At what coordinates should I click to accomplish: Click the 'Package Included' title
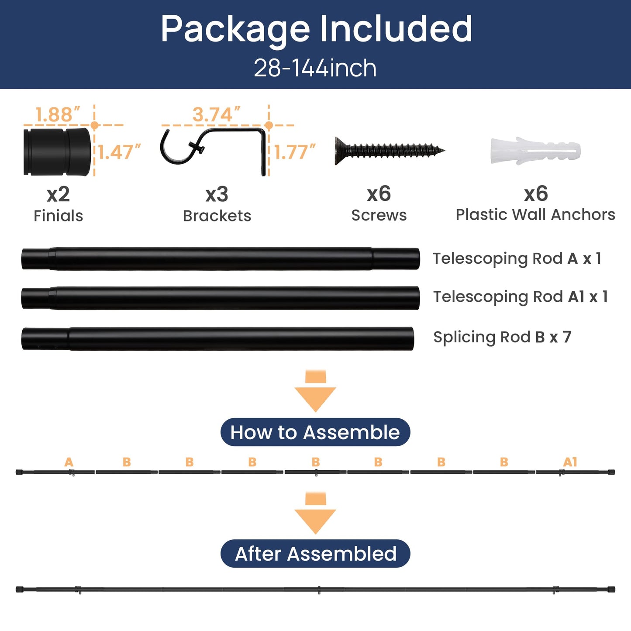(316, 29)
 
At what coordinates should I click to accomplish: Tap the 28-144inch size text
(315, 68)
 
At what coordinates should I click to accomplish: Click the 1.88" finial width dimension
(57, 114)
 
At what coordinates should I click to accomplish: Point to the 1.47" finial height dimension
(119, 152)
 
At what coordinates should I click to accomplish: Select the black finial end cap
(57, 152)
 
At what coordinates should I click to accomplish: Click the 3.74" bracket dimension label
(216, 114)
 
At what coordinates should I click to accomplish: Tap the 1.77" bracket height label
(294, 152)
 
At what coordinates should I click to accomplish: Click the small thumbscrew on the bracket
(196, 146)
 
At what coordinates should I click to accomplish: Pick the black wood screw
(390, 151)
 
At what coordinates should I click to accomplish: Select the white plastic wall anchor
(535, 151)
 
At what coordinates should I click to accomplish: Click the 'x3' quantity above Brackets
(217, 194)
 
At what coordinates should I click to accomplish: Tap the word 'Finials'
(58, 216)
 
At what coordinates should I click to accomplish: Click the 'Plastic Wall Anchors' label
(535, 215)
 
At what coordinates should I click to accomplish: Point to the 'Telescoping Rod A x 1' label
(517, 259)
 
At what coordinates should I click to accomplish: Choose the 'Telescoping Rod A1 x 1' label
(521, 297)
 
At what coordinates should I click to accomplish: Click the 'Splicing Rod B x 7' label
(502, 337)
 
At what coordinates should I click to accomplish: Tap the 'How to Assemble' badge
(315, 432)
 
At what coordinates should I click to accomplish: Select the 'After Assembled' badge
(315, 553)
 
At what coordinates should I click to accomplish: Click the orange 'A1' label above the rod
(570, 462)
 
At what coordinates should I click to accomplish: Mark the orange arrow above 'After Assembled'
(315, 513)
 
